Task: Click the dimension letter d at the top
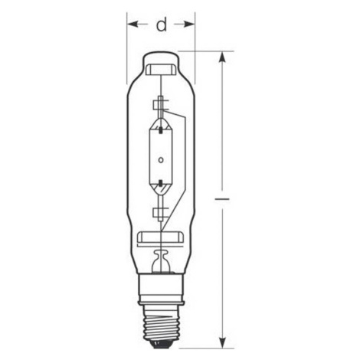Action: tap(162, 25)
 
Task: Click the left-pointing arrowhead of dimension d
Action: tap(133, 25)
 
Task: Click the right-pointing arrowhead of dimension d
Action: tap(189, 25)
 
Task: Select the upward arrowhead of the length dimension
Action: tap(223, 57)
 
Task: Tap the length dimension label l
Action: tap(221, 198)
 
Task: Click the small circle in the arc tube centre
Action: tap(161, 160)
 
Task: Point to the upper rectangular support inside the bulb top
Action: tap(161, 70)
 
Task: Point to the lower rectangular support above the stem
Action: tap(161, 237)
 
